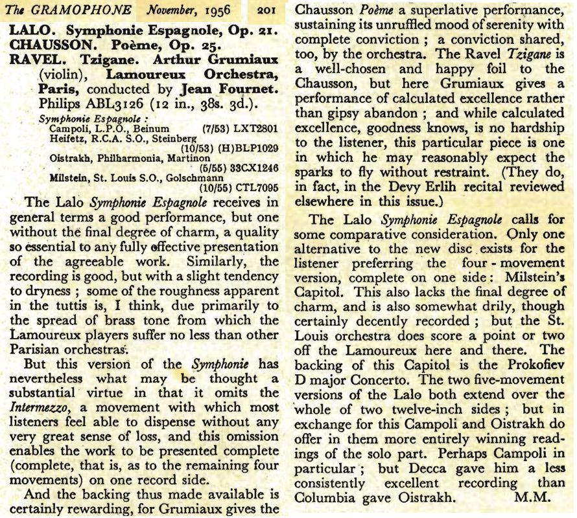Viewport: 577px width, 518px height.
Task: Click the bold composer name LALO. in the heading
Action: point(28,30)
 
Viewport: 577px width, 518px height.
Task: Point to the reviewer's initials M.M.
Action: point(530,497)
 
